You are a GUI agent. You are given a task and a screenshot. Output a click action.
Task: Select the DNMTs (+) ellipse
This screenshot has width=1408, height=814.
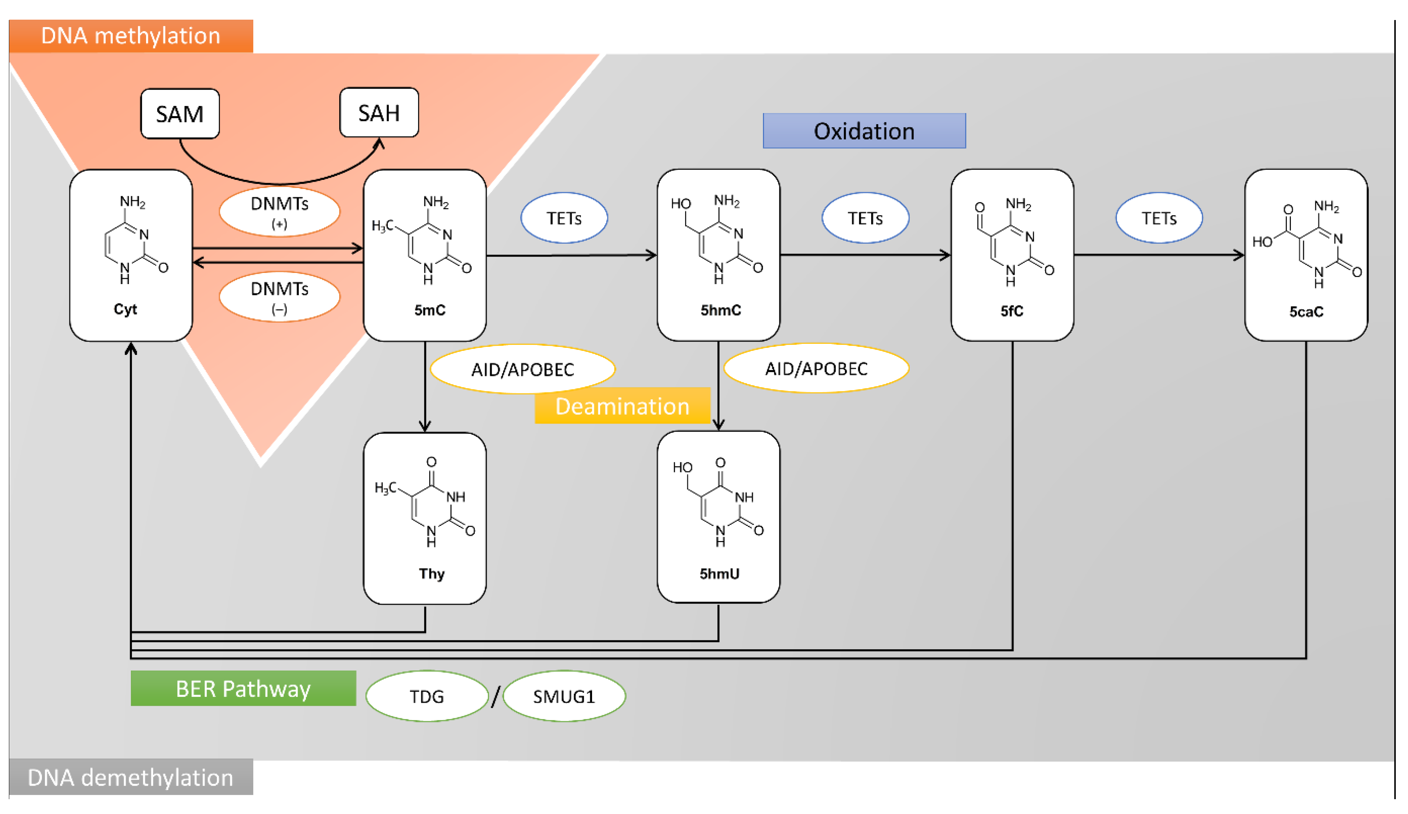[x=280, y=211]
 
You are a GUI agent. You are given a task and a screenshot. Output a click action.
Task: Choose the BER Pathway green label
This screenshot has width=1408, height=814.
[x=243, y=688]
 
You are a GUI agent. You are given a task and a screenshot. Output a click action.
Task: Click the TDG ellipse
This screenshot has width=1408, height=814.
[x=427, y=696]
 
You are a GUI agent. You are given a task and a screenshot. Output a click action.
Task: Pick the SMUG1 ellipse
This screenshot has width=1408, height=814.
[x=564, y=696]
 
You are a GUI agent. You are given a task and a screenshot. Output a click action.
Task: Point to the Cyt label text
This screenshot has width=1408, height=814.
[x=125, y=309]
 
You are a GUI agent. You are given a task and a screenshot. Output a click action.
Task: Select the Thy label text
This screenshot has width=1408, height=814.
[x=432, y=574]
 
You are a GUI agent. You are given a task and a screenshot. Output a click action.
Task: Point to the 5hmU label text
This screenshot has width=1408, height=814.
[x=719, y=574]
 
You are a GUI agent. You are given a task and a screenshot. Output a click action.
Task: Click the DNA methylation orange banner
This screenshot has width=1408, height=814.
[x=131, y=36]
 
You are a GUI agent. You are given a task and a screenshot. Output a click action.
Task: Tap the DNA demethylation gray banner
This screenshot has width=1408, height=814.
[x=131, y=777]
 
